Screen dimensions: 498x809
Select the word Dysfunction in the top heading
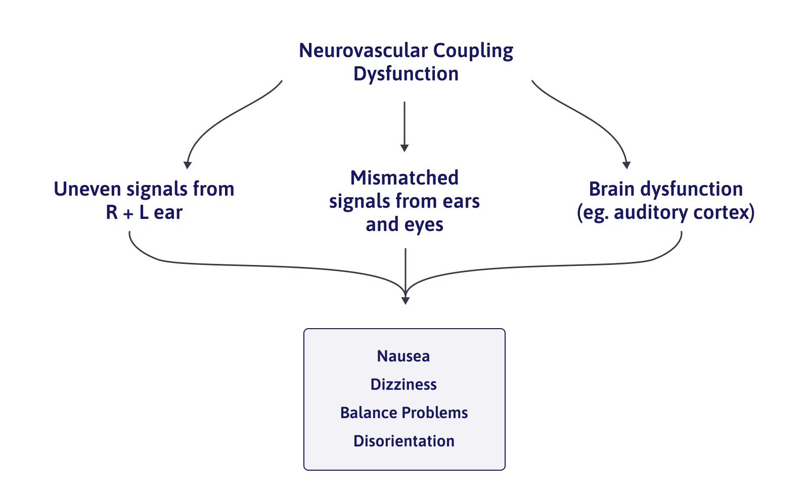pos(406,74)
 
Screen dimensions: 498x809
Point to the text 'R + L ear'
pos(144,212)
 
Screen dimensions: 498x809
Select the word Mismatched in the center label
pos(404,178)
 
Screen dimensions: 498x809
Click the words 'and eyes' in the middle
pos(404,224)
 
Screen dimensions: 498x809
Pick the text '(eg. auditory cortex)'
pos(665,212)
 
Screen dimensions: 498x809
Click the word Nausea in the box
pos(403,356)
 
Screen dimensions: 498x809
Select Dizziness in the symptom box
pos(403,385)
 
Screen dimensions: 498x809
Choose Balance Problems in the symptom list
pos(404,413)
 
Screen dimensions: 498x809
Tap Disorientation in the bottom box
pos(404,441)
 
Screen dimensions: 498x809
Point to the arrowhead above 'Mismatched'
pos(404,148)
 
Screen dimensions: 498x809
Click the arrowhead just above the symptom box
pos(405,300)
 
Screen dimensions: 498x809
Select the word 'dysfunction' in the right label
pos(691,189)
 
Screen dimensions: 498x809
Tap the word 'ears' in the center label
pos(461,201)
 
